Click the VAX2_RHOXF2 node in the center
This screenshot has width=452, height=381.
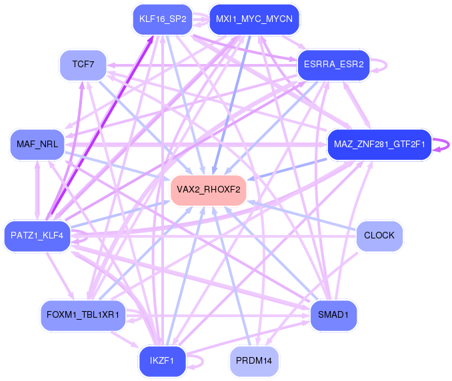click(209, 190)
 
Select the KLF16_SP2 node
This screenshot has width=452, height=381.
click(163, 19)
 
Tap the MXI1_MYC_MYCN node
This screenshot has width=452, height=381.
click(254, 19)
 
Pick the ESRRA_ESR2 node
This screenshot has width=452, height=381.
click(334, 65)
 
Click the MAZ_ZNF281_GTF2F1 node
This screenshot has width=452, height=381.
click(379, 145)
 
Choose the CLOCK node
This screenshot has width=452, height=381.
click(379, 236)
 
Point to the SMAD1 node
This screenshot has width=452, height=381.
click(333, 315)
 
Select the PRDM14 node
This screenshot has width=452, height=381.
click(254, 361)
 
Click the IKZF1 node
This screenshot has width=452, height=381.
click(162, 361)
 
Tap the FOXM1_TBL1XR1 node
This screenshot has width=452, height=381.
click(83, 315)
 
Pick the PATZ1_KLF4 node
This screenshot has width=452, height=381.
click(37, 236)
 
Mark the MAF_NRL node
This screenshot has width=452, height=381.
click(37, 145)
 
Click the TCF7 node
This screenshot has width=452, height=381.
click(83, 65)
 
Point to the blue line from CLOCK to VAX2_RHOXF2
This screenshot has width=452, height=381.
click(301, 216)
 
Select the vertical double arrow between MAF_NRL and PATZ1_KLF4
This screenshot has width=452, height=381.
click(37, 190)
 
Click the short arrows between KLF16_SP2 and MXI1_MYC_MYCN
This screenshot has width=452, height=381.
click(201, 19)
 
